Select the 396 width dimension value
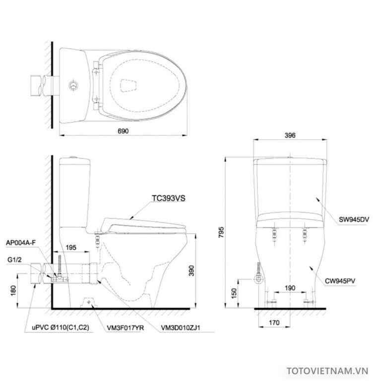pos(290,135)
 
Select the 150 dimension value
pos(233,294)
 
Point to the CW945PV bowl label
pos(353,281)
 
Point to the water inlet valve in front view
pos(258,280)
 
